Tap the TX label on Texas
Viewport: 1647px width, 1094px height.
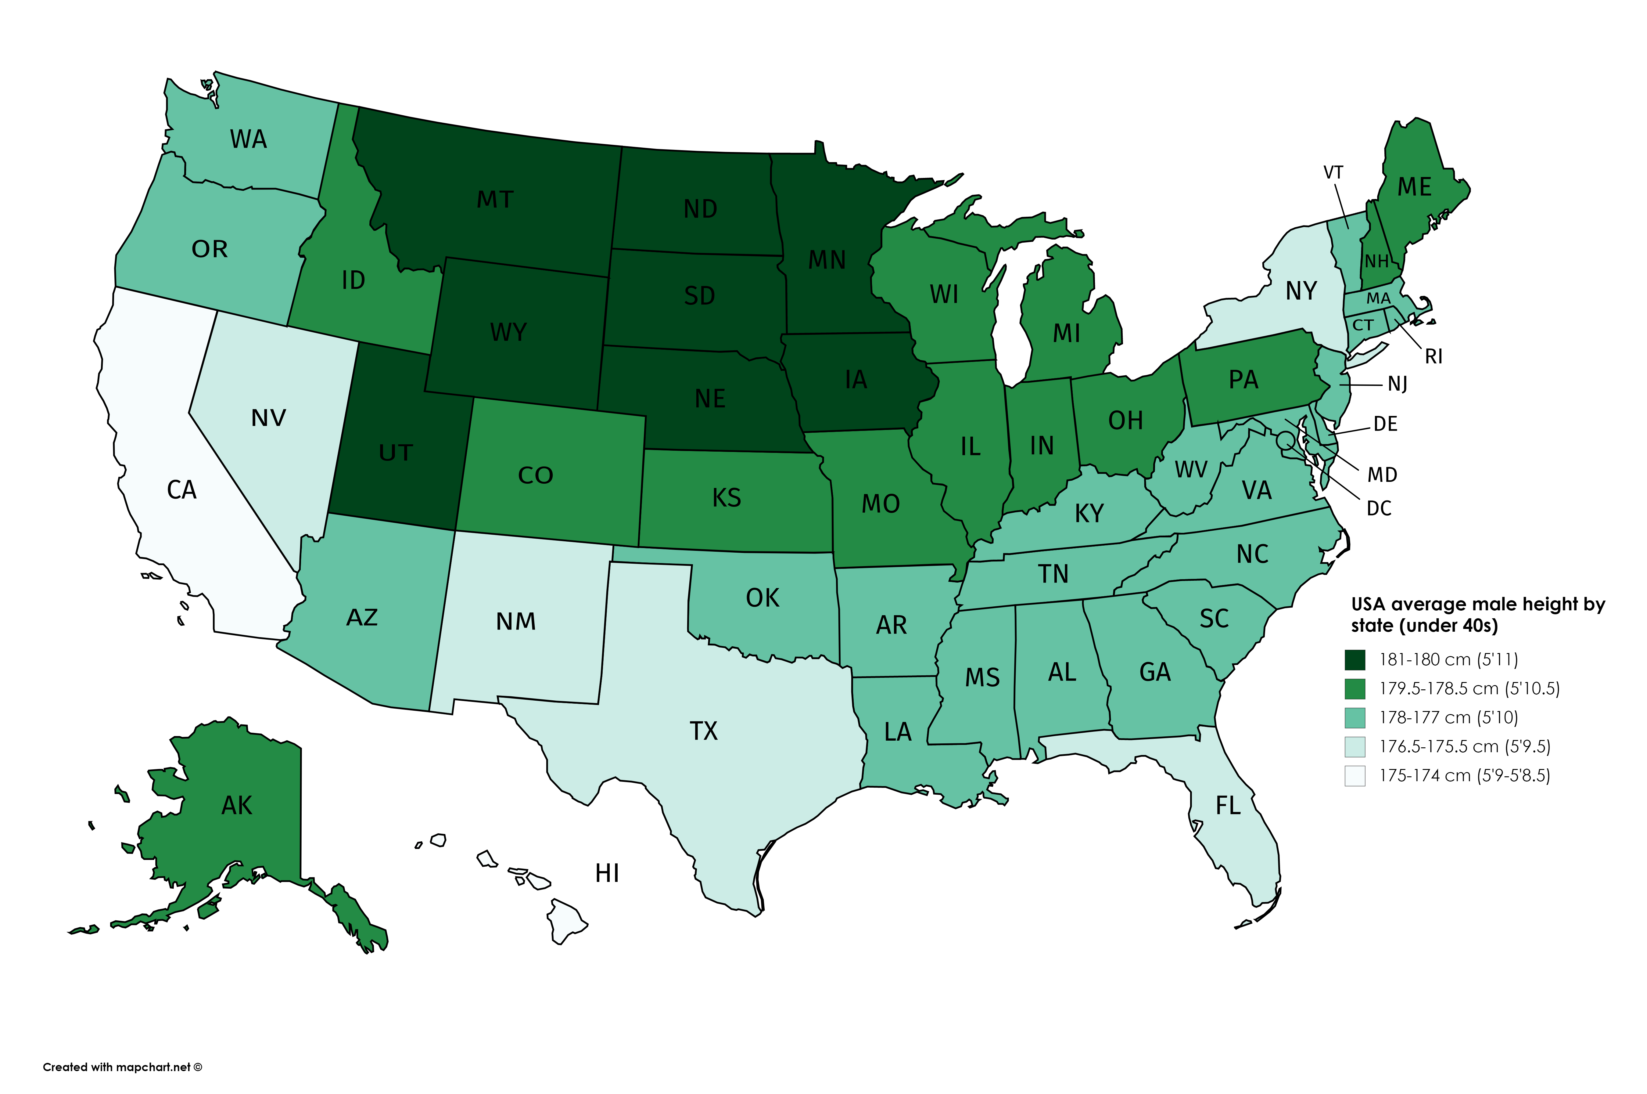pyautogui.click(x=704, y=731)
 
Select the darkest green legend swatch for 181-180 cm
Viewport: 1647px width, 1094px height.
pyautogui.click(x=1355, y=659)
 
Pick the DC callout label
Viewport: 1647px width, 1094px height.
pyautogui.click(x=1379, y=509)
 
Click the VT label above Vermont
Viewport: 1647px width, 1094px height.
pyautogui.click(x=1333, y=172)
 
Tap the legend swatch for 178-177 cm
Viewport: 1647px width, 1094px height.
pyautogui.click(x=1355, y=717)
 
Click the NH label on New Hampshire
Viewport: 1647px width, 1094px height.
pyautogui.click(x=1376, y=262)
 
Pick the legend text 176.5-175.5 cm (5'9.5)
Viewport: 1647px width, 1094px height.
pyautogui.click(x=1464, y=746)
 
